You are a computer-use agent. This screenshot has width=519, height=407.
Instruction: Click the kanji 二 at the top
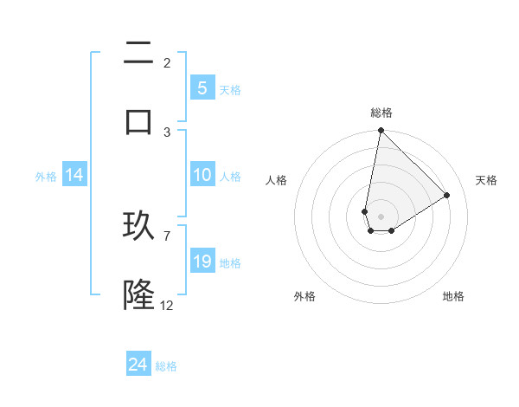[x=138, y=53]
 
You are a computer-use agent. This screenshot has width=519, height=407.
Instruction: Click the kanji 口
[x=138, y=120]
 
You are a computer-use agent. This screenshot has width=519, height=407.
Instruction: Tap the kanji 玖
[x=138, y=227]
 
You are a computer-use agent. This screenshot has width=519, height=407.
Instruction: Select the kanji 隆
[x=138, y=295]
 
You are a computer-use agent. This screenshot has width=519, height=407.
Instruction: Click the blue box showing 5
[x=202, y=88]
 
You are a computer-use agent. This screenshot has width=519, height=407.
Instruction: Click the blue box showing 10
[x=202, y=175]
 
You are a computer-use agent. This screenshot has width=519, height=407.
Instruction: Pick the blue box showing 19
[x=202, y=262]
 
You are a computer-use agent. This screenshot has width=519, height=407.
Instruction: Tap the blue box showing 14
[x=74, y=175]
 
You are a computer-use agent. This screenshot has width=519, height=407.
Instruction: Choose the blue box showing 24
[x=138, y=365]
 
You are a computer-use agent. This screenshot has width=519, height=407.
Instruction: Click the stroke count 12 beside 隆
[x=167, y=305]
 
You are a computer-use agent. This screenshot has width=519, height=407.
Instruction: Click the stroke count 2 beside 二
[x=167, y=62]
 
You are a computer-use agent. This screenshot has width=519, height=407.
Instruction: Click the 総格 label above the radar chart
[x=381, y=113]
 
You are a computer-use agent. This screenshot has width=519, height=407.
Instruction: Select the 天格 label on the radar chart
[x=487, y=180]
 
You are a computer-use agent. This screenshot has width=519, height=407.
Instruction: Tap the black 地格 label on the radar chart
[x=453, y=296]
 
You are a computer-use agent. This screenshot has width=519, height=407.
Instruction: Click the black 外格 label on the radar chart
[x=304, y=296]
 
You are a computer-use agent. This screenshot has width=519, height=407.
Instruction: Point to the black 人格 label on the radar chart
[x=277, y=180]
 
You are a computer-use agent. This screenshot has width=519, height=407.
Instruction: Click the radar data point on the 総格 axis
[x=381, y=131]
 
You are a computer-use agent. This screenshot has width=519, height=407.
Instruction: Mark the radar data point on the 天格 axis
[x=447, y=195]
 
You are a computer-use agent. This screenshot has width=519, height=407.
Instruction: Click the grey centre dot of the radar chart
[x=381, y=216]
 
